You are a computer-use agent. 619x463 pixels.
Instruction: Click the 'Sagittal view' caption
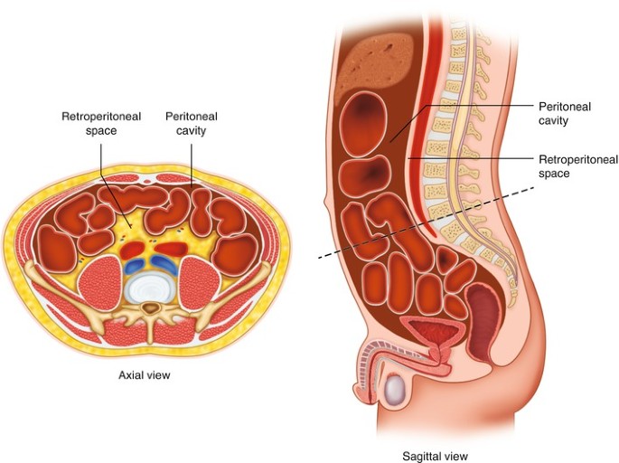[x=436, y=456]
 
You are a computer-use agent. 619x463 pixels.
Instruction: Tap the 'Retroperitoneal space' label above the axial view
[x=90, y=123]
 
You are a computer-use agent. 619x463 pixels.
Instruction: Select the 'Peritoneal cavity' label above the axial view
[x=191, y=123]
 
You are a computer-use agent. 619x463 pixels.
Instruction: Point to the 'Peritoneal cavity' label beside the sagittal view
[x=565, y=113]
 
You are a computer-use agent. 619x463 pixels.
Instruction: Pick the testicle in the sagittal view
[x=395, y=392]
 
